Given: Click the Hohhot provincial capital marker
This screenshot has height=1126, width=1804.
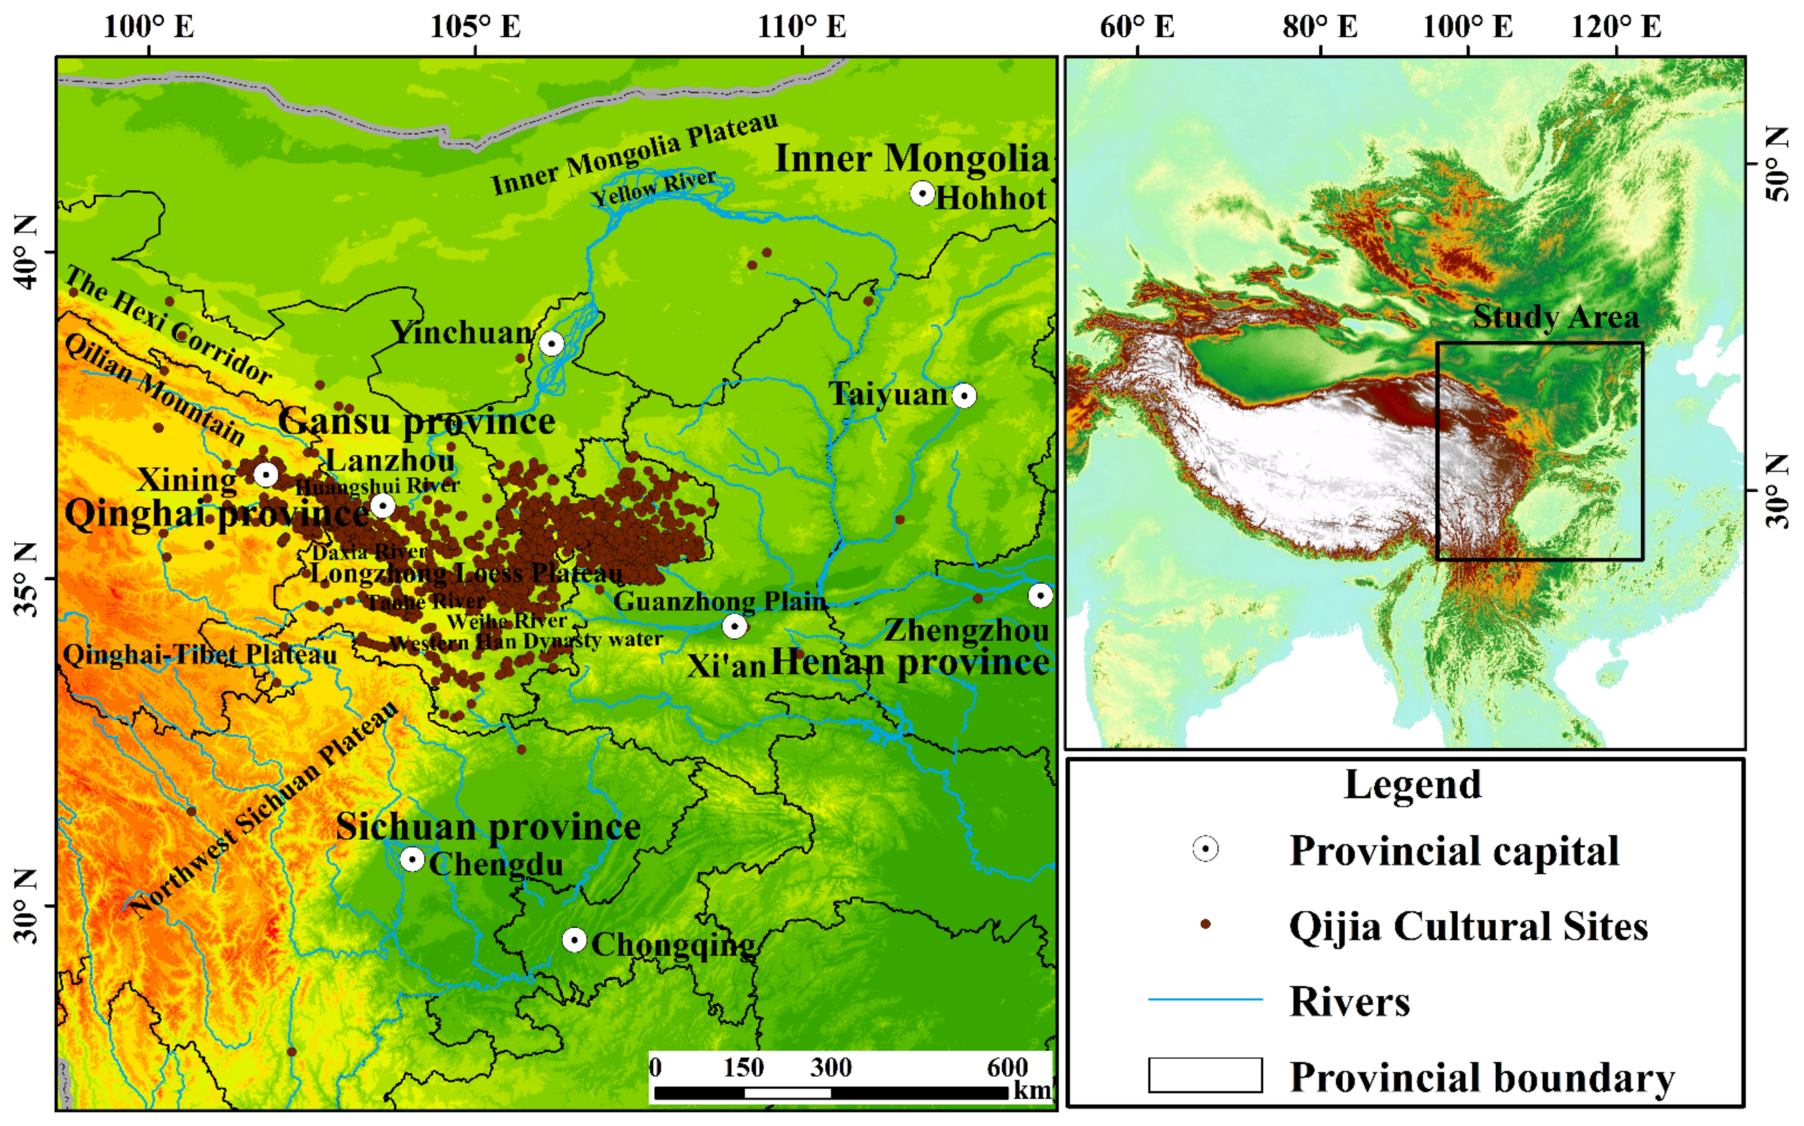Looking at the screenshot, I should (x=922, y=194).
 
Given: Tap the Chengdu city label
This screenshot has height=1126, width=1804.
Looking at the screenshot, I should (x=496, y=865).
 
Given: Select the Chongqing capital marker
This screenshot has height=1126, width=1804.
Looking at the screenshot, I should (x=574, y=940).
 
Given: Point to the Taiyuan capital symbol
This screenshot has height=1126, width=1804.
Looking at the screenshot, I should (x=964, y=395).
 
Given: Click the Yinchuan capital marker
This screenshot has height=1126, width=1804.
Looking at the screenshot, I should (x=551, y=344).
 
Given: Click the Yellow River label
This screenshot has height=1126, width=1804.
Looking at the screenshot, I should (x=653, y=188).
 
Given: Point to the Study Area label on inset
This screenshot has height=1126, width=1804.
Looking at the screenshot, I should (x=1556, y=317).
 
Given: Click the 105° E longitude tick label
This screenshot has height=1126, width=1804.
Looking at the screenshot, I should (x=475, y=27).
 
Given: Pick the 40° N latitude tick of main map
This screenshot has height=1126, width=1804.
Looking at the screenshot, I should (x=27, y=252).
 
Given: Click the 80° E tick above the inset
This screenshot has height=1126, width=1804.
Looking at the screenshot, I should (x=1320, y=27).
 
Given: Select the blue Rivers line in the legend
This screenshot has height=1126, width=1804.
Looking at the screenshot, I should (x=1205, y=999).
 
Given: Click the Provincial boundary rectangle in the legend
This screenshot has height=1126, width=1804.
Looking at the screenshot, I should (x=1205, y=1075).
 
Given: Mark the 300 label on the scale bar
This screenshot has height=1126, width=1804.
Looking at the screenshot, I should (x=830, y=1067).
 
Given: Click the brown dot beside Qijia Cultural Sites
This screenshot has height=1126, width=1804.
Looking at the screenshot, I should (x=1205, y=924).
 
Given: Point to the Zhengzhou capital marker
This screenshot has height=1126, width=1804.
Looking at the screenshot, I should (x=1040, y=595).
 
